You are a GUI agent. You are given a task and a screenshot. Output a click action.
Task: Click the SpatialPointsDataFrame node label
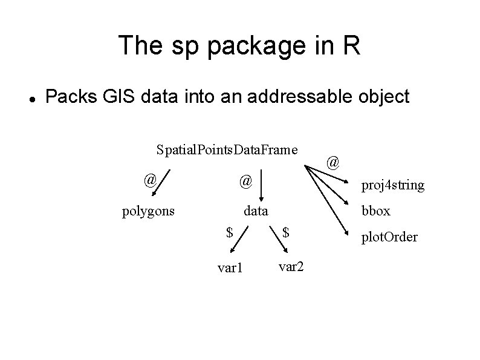click(x=227, y=149)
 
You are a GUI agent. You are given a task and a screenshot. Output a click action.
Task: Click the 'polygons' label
click(x=148, y=211)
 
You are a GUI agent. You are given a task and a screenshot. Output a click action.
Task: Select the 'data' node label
click(x=256, y=211)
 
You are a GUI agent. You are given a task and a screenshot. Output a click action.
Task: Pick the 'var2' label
click(x=291, y=265)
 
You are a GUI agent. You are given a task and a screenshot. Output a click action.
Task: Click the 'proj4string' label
click(x=392, y=185)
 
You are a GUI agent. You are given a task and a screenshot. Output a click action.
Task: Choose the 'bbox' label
click(x=375, y=211)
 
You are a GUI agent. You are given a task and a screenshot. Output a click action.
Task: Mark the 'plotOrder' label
click(x=389, y=237)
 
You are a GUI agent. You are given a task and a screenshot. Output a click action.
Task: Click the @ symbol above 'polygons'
click(x=151, y=180)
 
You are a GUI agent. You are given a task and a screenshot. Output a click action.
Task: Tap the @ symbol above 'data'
click(x=245, y=180)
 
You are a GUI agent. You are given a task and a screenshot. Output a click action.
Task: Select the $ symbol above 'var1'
click(x=229, y=232)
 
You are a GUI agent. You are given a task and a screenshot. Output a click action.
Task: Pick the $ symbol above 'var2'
click(x=287, y=232)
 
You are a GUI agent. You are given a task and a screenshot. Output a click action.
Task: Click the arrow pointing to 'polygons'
click(x=161, y=185)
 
